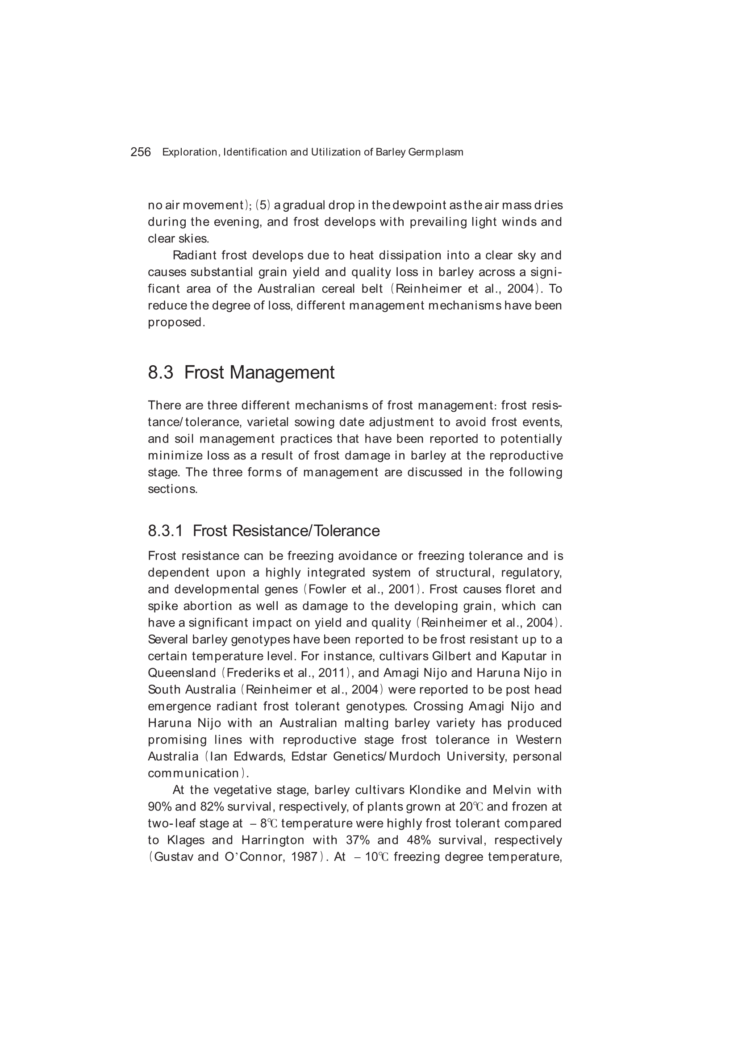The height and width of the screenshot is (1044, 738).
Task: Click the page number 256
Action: pos(141,152)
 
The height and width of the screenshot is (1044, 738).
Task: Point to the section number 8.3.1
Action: pos(165,530)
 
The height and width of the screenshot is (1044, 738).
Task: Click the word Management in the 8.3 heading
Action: pos(282,372)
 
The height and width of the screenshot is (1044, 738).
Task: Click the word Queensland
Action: pos(182,672)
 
